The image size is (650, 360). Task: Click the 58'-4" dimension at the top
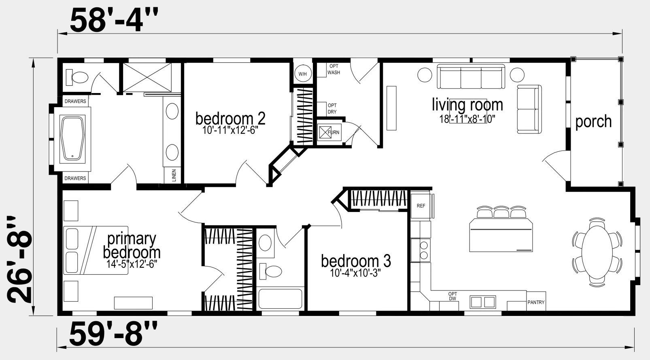114,21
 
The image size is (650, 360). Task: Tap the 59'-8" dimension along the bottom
113,334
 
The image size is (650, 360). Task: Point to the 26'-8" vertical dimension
19,259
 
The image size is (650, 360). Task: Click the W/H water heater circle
303,74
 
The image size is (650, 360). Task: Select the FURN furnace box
329,132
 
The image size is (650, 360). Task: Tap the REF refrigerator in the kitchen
421,205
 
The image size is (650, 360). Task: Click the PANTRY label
536,302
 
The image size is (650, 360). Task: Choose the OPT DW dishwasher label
452,296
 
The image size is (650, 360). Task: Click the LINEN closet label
174,175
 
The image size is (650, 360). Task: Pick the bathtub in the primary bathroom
72,139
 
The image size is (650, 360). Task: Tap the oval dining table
597,252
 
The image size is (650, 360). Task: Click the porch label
593,121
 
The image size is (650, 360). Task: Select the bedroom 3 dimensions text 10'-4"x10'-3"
355,273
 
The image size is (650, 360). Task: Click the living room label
467,104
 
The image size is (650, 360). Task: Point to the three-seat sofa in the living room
471,76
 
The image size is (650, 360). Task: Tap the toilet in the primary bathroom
77,77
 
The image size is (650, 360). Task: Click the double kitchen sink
482,302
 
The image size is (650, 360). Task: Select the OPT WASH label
334,69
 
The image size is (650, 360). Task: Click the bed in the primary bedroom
96,250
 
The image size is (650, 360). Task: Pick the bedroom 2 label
230,118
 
